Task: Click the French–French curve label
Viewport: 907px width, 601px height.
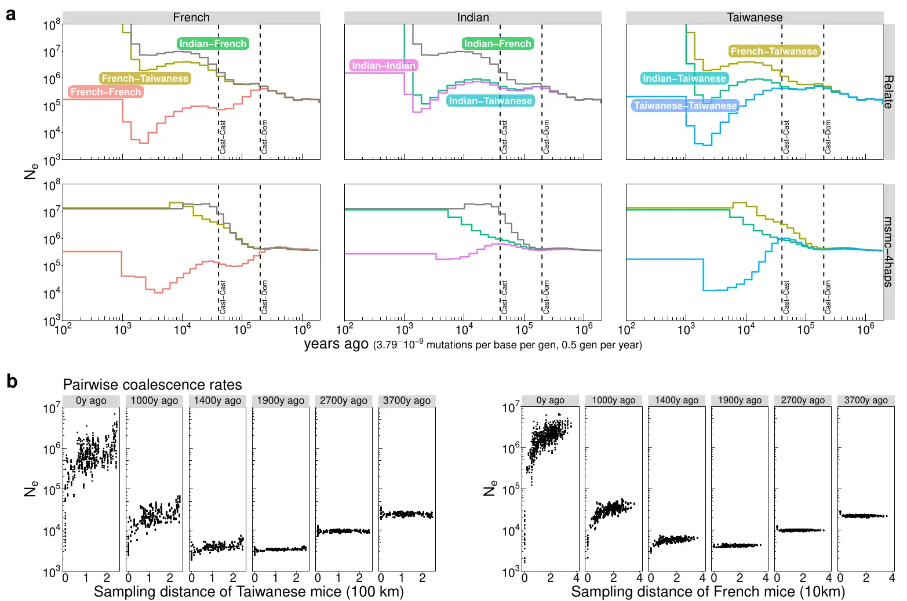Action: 105,92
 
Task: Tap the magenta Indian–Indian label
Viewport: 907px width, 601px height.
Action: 384,65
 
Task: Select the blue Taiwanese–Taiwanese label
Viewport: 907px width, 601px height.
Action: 685,105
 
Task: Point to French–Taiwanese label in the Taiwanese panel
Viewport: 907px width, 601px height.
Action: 774,52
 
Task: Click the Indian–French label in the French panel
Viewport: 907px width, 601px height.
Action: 213,43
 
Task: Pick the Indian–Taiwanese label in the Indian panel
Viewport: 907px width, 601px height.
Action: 490,101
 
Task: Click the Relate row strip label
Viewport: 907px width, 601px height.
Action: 888,92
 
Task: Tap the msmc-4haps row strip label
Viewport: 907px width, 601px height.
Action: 888,252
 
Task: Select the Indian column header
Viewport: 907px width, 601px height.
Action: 473,17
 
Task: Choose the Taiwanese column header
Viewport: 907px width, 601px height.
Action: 755,17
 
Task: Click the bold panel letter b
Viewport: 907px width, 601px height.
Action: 12,381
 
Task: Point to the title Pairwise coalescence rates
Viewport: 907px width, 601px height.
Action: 152,385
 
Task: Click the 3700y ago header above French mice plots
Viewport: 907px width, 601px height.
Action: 866,400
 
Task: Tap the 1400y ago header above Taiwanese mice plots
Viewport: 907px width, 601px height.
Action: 217,400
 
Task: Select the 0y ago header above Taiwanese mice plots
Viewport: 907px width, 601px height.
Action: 91,400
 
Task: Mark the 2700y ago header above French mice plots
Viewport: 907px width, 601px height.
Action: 803,400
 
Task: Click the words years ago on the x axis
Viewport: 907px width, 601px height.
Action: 336,344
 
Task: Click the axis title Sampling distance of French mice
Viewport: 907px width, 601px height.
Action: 708,592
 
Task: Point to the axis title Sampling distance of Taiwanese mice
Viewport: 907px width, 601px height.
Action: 249,592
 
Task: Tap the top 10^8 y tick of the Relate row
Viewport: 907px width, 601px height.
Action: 52,25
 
